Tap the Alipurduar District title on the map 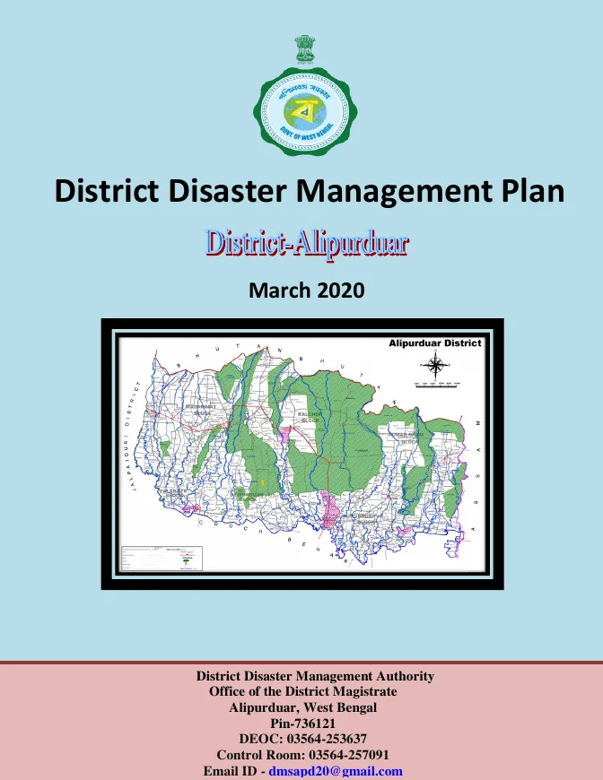tap(435, 342)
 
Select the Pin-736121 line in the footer tap(302, 723)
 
